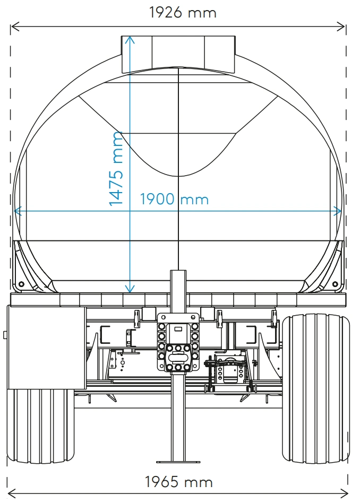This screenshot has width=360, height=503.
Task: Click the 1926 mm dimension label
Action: point(183,13)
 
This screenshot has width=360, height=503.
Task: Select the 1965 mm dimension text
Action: point(178,482)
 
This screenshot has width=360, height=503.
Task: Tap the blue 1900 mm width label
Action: point(174,199)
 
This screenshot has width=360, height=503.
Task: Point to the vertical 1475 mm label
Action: point(116,168)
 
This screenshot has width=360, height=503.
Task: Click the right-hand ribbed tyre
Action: point(316,388)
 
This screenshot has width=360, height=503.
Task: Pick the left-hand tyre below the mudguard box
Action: point(41,426)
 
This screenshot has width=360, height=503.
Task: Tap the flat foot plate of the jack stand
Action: point(178,462)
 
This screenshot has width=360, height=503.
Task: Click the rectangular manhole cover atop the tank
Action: point(178,55)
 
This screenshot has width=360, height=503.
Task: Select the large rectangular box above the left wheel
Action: point(47,348)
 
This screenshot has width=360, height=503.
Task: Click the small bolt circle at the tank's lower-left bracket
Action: point(21,284)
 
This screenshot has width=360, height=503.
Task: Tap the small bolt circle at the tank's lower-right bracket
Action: point(335,284)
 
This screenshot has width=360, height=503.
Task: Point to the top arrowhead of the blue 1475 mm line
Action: point(130,40)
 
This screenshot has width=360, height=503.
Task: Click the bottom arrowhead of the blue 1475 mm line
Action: point(130,289)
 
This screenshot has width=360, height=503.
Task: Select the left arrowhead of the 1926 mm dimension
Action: point(15,27)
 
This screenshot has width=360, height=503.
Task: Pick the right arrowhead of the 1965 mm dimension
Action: point(344,492)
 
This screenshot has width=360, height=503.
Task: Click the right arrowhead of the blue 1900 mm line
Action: point(338,211)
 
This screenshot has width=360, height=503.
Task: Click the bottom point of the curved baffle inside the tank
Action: point(178,176)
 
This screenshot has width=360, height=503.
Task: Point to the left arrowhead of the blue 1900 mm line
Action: point(18,211)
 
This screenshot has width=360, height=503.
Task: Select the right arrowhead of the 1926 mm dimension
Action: point(341,27)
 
